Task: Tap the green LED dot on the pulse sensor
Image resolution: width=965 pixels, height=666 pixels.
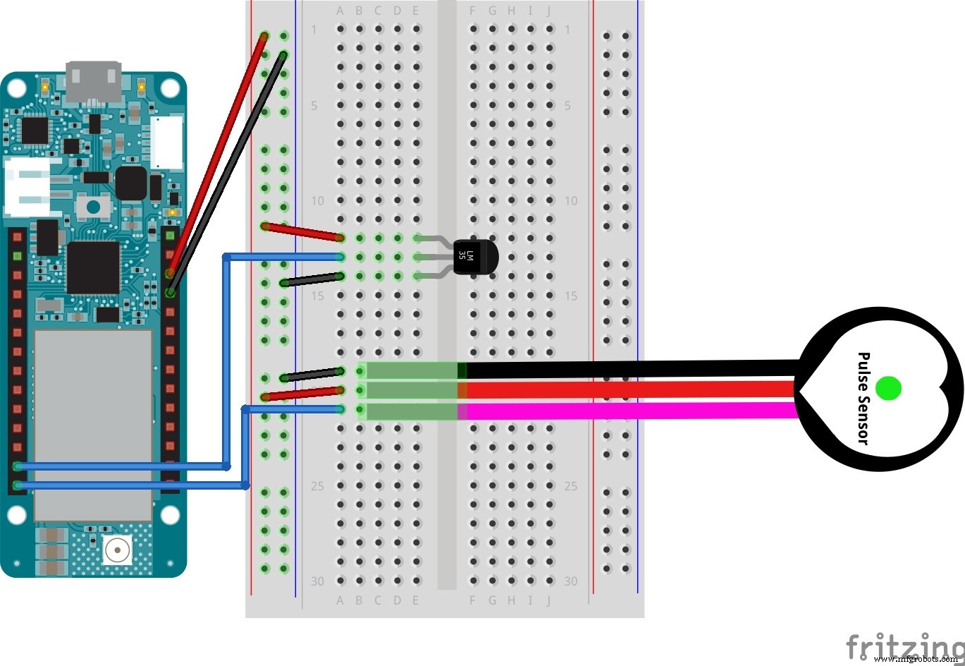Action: (x=888, y=387)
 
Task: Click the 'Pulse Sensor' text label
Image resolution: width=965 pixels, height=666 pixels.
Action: (x=863, y=398)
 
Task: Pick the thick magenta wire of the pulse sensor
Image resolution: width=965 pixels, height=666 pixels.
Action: (x=627, y=411)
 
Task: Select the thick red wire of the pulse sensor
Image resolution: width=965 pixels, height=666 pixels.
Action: (x=627, y=389)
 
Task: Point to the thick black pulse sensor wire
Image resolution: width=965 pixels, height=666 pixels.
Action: (x=627, y=369)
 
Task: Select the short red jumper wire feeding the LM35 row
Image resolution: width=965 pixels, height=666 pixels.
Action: (x=302, y=232)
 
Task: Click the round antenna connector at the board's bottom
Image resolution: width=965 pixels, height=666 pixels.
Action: (x=118, y=548)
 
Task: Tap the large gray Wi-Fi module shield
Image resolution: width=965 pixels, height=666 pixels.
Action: (x=93, y=423)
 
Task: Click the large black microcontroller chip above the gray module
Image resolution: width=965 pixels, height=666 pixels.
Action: (x=93, y=268)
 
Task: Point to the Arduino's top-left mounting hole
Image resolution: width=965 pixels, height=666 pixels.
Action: (x=17, y=88)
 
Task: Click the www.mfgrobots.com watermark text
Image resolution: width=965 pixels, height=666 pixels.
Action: (x=916, y=659)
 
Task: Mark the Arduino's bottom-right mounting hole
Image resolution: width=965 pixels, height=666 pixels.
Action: (x=170, y=515)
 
